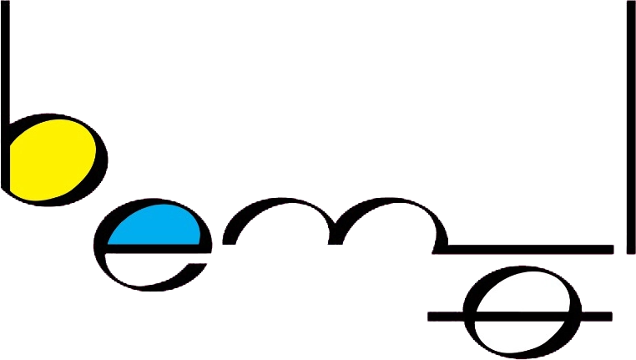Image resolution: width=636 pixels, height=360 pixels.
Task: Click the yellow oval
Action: [x=52, y=159]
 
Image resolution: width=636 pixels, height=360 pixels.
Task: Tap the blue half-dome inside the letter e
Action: [x=157, y=227]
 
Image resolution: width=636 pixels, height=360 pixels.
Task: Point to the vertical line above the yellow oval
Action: [x=7, y=58]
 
